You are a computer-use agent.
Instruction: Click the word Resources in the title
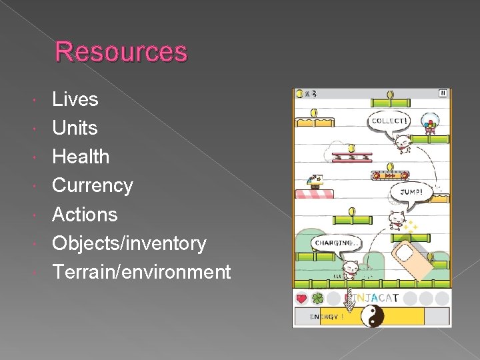pos(121,51)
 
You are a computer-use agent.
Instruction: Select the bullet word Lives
pos(75,99)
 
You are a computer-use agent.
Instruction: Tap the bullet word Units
pos(75,128)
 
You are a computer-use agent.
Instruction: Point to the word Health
pos(81,157)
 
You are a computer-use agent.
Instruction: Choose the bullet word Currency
pos(93,185)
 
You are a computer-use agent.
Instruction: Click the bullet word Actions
pos(85,215)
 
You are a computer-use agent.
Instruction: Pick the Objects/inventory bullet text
pos(129,243)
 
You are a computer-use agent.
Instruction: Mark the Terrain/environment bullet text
pos(141,272)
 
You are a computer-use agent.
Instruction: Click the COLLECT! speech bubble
pos(390,121)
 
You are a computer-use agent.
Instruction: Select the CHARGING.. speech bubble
pos(336,243)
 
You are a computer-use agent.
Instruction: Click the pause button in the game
pos(443,93)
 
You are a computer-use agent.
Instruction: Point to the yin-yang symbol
pos(372,315)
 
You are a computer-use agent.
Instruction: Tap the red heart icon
pos(301,299)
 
